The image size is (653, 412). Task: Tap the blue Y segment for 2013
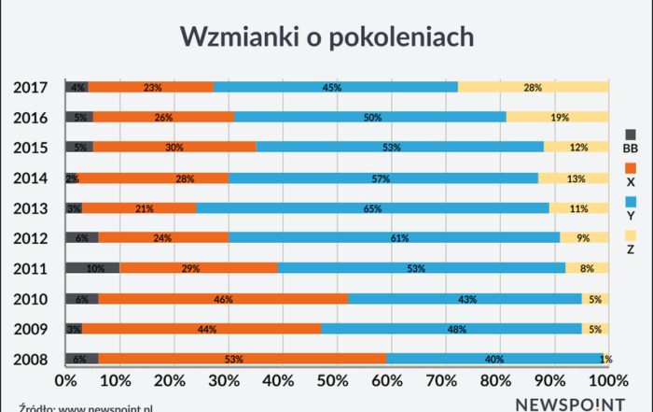click(373, 207)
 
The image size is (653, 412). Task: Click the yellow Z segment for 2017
click(534, 87)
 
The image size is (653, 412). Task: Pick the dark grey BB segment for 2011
click(92, 268)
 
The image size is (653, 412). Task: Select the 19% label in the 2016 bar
click(560, 118)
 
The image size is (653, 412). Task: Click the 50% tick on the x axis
click(337, 381)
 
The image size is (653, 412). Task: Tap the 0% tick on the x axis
click(65, 381)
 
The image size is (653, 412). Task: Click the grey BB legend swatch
click(631, 134)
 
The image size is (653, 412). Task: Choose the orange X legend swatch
click(631, 167)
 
